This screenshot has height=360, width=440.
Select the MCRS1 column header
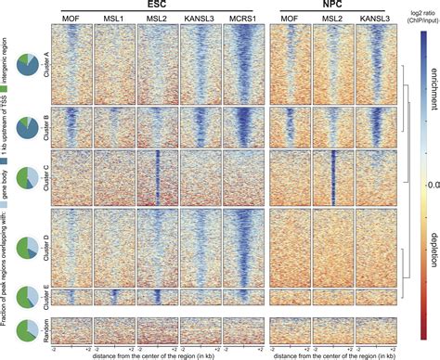click(x=243, y=18)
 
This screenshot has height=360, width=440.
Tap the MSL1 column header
click(x=113, y=18)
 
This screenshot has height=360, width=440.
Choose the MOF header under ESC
click(x=71, y=18)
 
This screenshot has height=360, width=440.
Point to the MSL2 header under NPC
click(x=332, y=18)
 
